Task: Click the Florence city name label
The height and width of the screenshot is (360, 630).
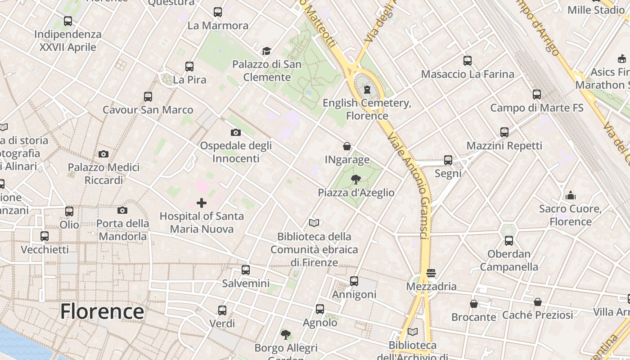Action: click(102, 311)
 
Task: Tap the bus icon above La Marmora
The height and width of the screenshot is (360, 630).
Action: click(218, 12)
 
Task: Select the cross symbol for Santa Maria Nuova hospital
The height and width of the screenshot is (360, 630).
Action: click(202, 203)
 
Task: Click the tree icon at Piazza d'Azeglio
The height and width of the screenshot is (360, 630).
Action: click(356, 180)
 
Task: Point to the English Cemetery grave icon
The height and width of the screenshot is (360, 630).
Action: click(367, 90)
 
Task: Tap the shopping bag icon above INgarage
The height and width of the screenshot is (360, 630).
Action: click(347, 146)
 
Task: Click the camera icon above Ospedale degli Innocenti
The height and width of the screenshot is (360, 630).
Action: click(235, 132)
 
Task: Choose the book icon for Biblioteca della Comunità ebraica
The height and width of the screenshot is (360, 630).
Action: click(314, 223)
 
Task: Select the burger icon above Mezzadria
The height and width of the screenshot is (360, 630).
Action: click(431, 273)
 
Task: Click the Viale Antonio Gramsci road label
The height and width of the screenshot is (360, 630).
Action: click(409, 184)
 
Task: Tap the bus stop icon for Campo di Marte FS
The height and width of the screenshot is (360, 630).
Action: click(537, 94)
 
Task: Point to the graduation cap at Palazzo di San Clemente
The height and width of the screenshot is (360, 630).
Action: click(266, 51)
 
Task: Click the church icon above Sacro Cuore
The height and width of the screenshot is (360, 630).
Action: click(571, 195)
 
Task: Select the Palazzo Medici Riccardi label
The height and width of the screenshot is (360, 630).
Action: click(103, 174)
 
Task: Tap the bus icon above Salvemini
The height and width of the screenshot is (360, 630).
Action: click(246, 270)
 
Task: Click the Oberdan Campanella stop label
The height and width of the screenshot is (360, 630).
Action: click(509, 260)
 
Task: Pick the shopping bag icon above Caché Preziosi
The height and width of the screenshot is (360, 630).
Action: click(538, 302)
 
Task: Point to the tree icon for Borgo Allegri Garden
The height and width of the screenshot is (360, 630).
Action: click(286, 335)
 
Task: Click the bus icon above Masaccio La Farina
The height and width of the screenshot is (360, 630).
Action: click(468, 61)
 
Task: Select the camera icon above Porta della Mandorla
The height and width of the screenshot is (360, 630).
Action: click(122, 210)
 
